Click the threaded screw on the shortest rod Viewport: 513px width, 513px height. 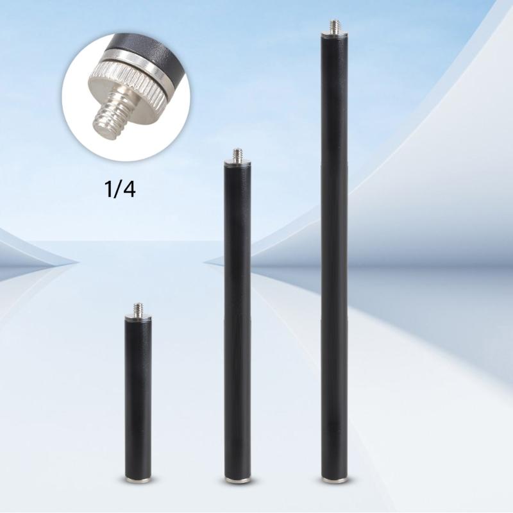coord(138,308)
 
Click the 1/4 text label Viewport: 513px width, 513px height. coord(120,190)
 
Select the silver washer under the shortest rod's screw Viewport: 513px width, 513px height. coord(138,317)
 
